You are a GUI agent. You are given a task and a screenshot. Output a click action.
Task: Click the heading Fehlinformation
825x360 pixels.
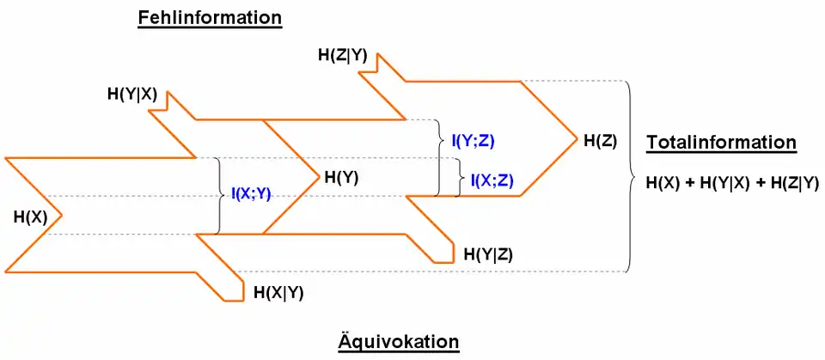(210, 18)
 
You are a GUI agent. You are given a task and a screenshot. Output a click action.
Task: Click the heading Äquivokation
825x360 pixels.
(398, 342)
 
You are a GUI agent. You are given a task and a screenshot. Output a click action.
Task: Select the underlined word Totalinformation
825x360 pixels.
(722, 143)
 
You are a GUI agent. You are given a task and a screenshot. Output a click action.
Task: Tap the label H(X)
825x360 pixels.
(30, 217)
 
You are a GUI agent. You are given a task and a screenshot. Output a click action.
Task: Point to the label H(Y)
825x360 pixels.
(341, 178)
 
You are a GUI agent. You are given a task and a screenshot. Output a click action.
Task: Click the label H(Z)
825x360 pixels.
(600, 140)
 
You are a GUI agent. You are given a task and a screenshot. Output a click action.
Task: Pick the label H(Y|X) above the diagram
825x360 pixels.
(131, 94)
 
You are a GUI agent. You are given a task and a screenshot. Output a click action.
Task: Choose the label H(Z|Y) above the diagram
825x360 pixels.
(343, 56)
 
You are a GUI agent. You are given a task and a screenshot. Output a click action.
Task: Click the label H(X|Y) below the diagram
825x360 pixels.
(278, 292)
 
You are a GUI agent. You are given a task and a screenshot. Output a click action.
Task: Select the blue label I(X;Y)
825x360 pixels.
(251, 195)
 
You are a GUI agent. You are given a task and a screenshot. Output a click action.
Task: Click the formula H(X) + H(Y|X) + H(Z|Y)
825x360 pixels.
(732, 182)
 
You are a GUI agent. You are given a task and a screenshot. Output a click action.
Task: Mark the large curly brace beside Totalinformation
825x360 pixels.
(634, 176)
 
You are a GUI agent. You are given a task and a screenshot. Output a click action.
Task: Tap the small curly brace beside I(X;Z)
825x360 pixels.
(458, 178)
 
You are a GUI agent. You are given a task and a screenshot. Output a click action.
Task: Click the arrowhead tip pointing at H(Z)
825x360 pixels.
(575, 137)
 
